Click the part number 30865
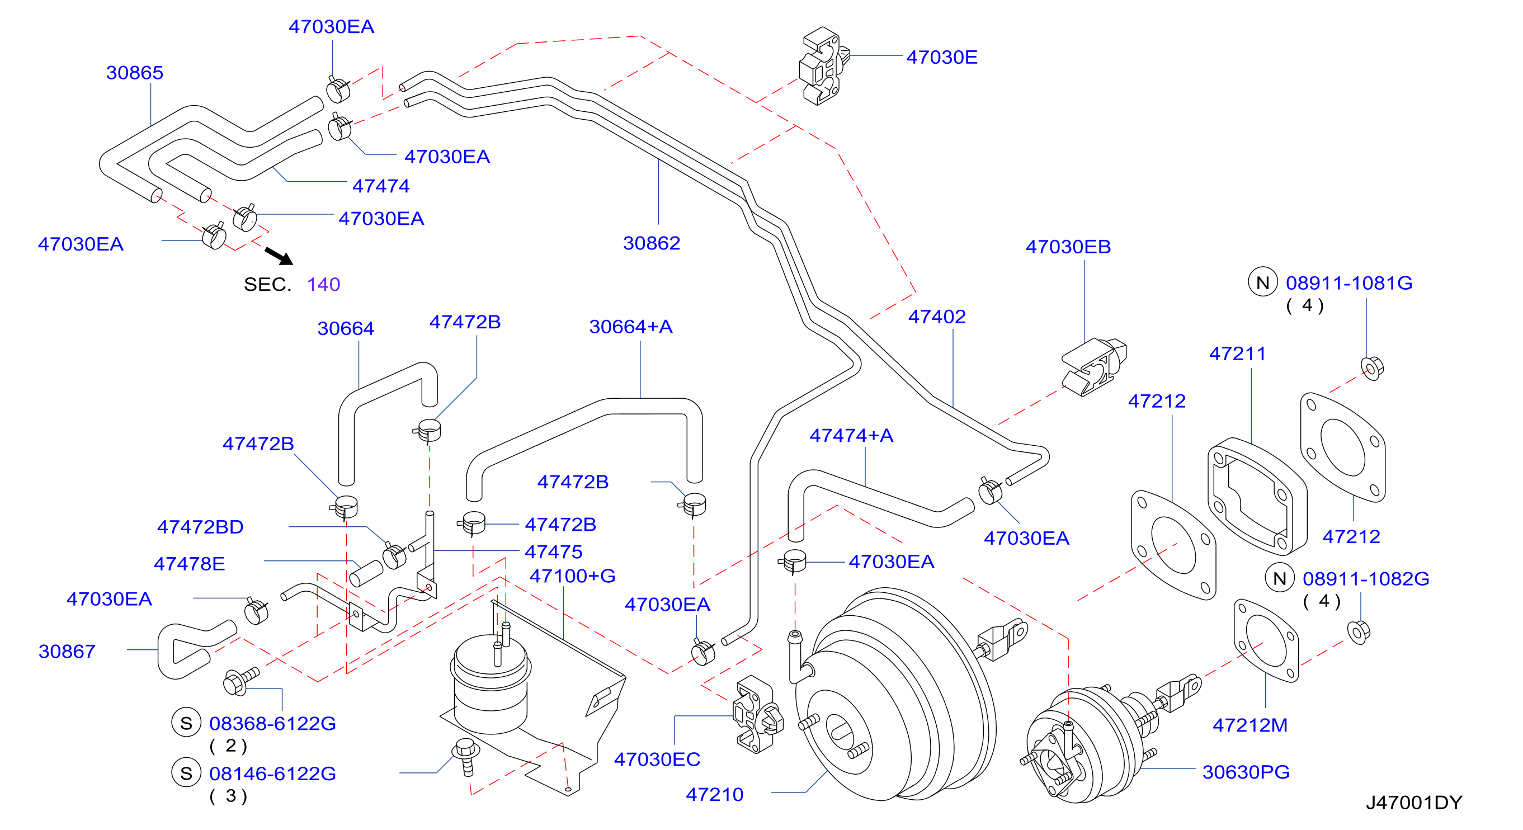click(x=134, y=73)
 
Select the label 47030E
click(x=942, y=58)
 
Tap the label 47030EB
click(x=1068, y=247)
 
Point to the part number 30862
click(x=652, y=243)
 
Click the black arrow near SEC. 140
click(x=279, y=256)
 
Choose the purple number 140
click(x=323, y=284)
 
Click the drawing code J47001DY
click(x=1413, y=802)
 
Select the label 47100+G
click(x=572, y=576)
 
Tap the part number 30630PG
click(x=1246, y=771)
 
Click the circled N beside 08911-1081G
click(x=1262, y=282)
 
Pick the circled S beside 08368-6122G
click(x=186, y=723)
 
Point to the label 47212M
click(x=1250, y=725)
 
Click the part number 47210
click(x=714, y=795)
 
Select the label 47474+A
click(x=851, y=435)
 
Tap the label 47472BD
click(x=200, y=527)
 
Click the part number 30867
click(x=67, y=651)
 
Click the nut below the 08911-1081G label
click(x=1371, y=367)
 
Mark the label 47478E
click(x=189, y=563)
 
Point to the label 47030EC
click(x=657, y=759)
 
